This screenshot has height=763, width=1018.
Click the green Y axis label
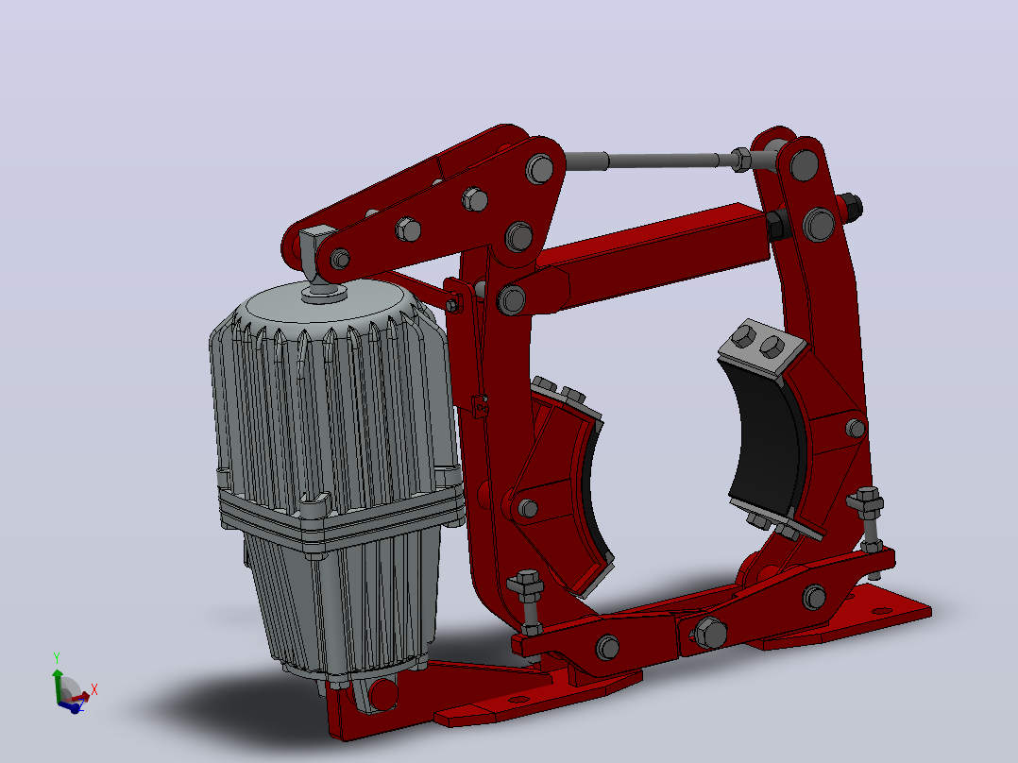(57, 658)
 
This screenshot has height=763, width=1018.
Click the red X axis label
(94, 689)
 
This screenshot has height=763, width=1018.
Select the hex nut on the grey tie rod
(740, 159)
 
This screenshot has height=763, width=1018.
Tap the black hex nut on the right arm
(850, 207)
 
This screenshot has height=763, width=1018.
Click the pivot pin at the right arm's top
(805, 164)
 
